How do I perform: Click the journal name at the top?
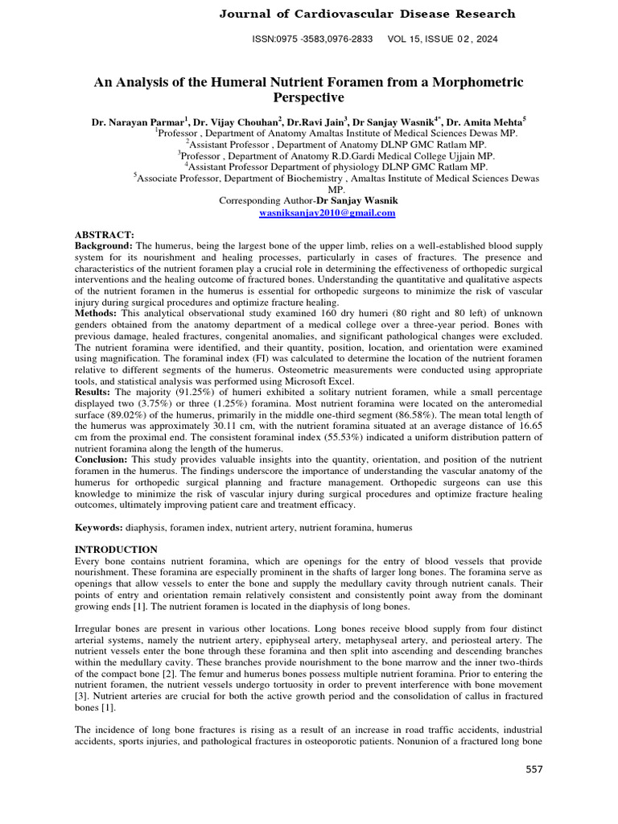[367, 14]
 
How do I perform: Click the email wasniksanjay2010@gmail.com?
[327, 213]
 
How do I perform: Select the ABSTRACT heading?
[105, 233]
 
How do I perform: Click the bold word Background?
[104, 244]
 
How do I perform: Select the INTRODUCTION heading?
[116, 549]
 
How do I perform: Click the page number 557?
[534, 770]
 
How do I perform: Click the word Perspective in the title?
[309, 98]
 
